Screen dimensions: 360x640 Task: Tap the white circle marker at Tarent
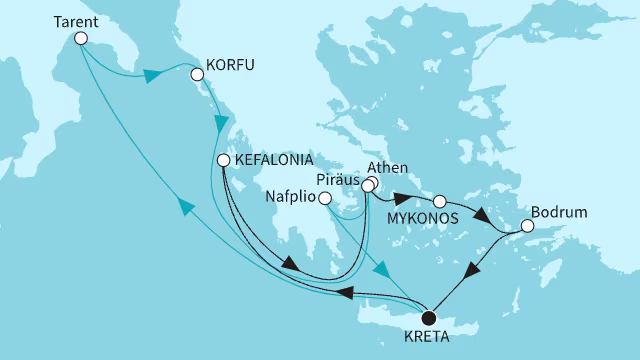(81, 39)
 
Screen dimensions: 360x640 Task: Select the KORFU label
(230, 65)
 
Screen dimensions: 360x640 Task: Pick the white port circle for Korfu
(196, 71)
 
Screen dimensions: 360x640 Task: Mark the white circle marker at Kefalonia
(225, 160)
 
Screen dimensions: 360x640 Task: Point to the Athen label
(388, 168)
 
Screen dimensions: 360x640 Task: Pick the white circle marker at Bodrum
(528, 226)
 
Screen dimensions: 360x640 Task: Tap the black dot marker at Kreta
(429, 317)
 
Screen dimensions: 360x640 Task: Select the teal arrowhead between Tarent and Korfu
(154, 76)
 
